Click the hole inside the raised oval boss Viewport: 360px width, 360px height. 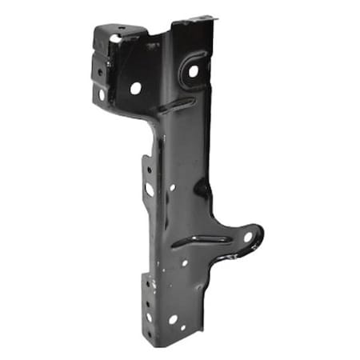[x=193, y=71]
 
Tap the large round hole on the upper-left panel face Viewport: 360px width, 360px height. [x=135, y=88]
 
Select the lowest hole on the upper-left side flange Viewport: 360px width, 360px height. [x=102, y=94]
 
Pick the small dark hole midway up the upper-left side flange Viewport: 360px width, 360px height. [x=100, y=70]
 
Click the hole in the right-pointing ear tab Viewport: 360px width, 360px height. [x=247, y=237]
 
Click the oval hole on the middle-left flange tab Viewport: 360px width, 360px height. [x=149, y=190]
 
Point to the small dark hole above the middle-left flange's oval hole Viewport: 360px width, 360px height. [x=148, y=170]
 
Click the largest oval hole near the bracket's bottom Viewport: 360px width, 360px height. [x=173, y=319]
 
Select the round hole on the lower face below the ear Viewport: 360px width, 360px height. [x=184, y=262]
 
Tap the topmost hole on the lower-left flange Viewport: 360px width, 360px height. [x=147, y=282]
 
